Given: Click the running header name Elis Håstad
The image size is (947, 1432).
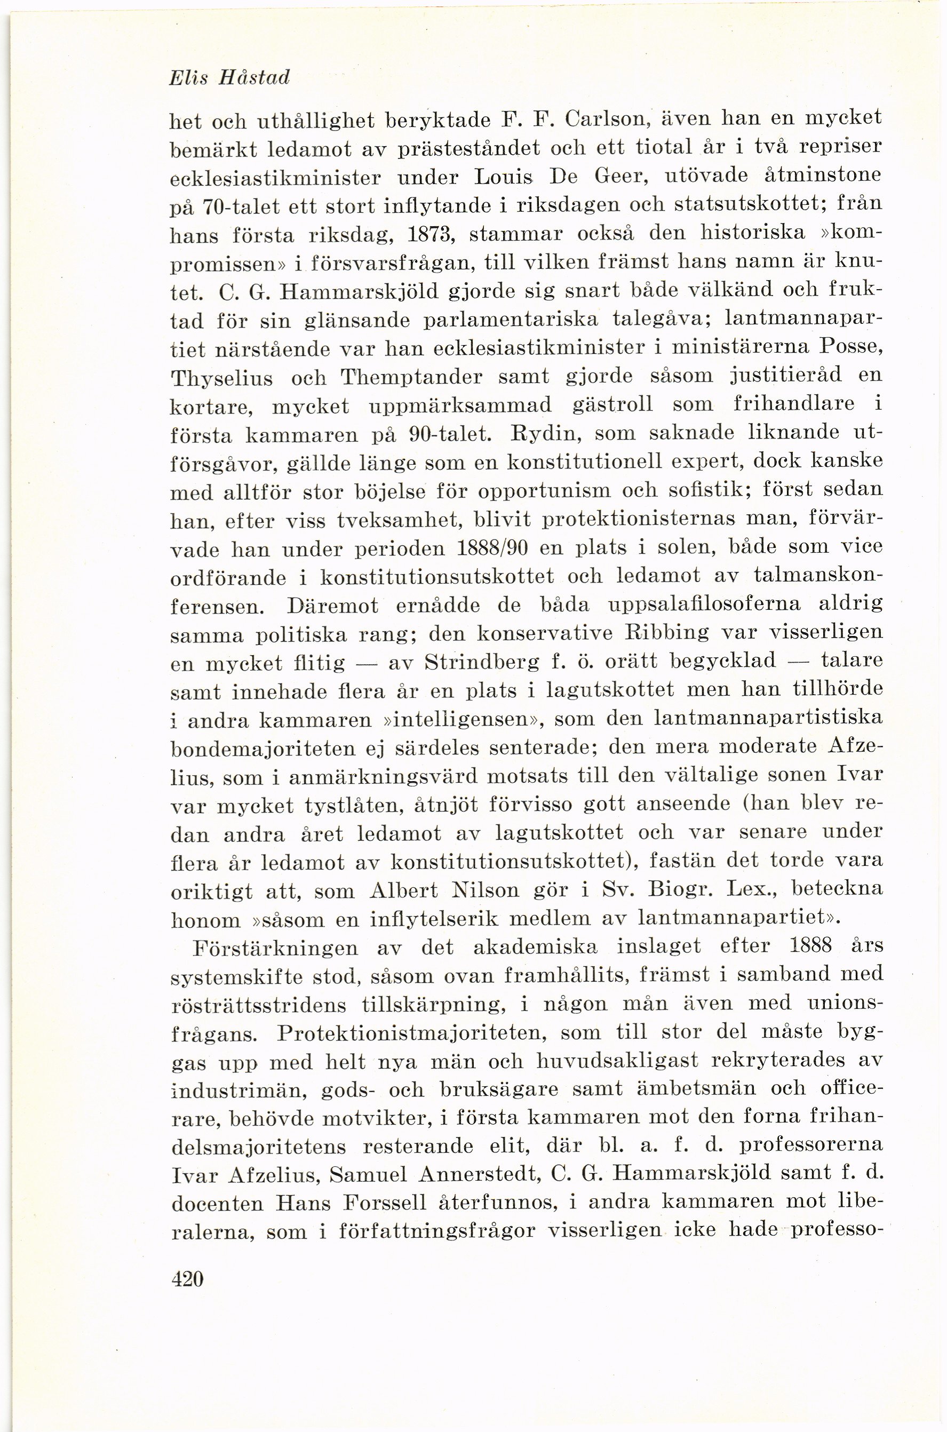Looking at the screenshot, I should [230, 78].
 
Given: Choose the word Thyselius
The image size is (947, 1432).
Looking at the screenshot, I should [221, 379].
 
